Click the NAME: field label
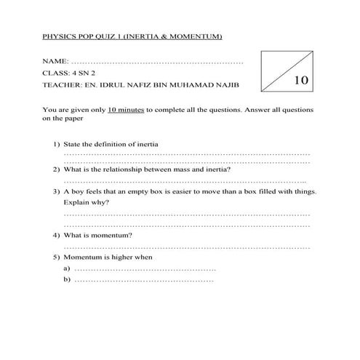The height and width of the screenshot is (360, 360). (56, 60)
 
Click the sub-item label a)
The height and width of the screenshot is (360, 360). (68, 268)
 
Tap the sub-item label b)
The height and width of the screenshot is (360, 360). (68, 279)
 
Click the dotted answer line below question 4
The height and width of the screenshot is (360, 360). (187, 247)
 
